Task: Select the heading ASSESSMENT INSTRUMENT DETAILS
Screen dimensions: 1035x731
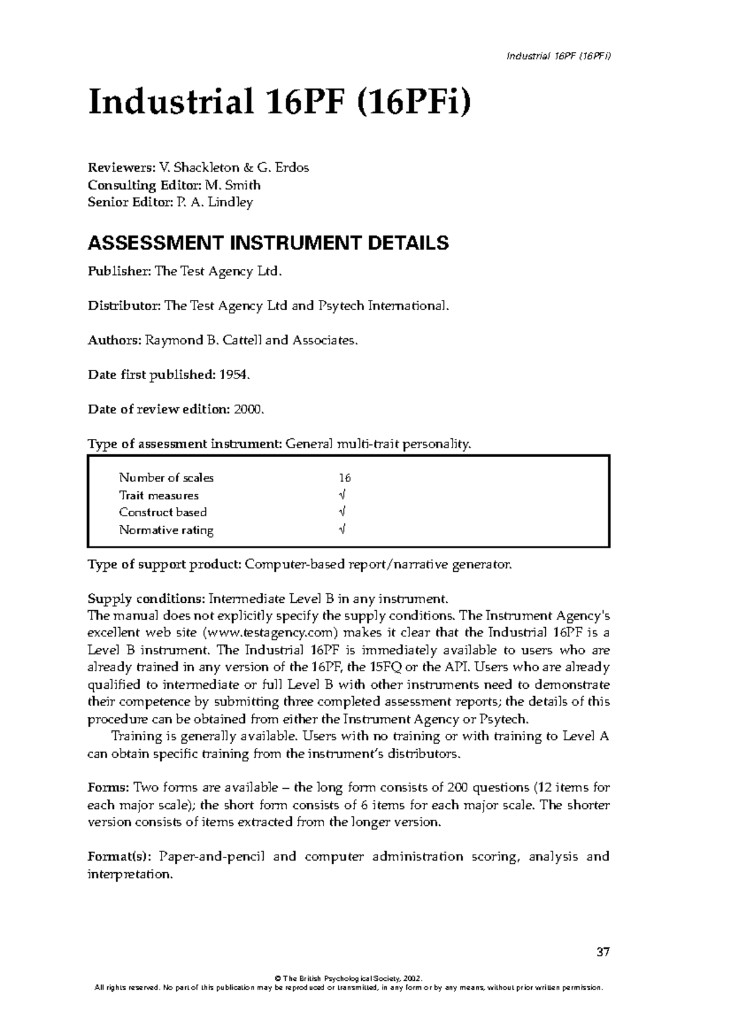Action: click(268, 243)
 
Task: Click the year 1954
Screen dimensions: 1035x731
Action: click(232, 375)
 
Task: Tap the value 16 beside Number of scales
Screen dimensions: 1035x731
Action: click(345, 478)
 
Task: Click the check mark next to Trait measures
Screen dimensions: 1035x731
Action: click(342, 496)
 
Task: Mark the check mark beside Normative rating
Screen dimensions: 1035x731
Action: click(342, 530)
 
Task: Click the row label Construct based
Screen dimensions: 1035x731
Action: click(163, 513)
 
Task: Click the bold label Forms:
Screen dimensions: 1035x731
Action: click(108, 788)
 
